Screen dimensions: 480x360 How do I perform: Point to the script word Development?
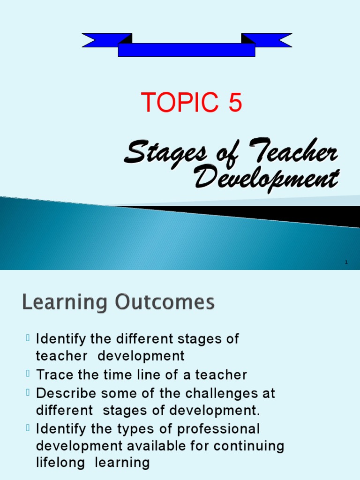click(x=265, y=179)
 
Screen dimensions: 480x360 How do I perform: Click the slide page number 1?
click(x=346, y=262)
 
